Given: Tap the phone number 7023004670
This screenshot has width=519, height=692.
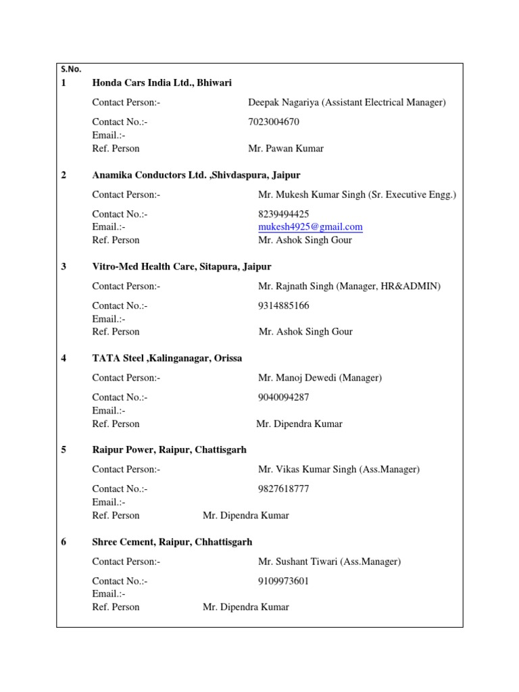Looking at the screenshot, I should [274, 122].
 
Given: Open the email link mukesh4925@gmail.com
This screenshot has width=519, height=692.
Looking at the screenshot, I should [310, 227].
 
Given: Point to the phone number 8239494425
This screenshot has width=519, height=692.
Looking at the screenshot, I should [284, 214].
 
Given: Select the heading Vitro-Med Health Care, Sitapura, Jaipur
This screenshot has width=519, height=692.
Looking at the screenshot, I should [182, 267].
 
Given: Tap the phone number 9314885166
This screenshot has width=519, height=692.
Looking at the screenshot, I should [284, 305].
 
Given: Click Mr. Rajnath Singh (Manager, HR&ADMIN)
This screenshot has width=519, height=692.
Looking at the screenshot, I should [349, 287].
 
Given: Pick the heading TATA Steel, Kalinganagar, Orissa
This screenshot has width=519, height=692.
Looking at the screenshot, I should [167, 358].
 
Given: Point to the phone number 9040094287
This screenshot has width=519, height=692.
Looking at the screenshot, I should [284, 397].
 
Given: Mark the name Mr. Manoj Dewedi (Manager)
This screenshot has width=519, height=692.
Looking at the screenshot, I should [320, 378].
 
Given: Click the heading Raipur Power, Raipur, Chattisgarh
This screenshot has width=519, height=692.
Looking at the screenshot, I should [169, 450].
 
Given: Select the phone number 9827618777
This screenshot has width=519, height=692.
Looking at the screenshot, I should [284, 489].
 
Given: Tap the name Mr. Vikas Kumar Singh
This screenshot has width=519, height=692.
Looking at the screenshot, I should [307, 470].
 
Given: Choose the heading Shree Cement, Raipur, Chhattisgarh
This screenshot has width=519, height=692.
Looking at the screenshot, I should [172, 542].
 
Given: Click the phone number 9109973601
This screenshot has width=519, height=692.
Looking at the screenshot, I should [284, 580].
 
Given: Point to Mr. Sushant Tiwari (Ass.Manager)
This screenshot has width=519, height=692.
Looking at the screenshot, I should [329, 562].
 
